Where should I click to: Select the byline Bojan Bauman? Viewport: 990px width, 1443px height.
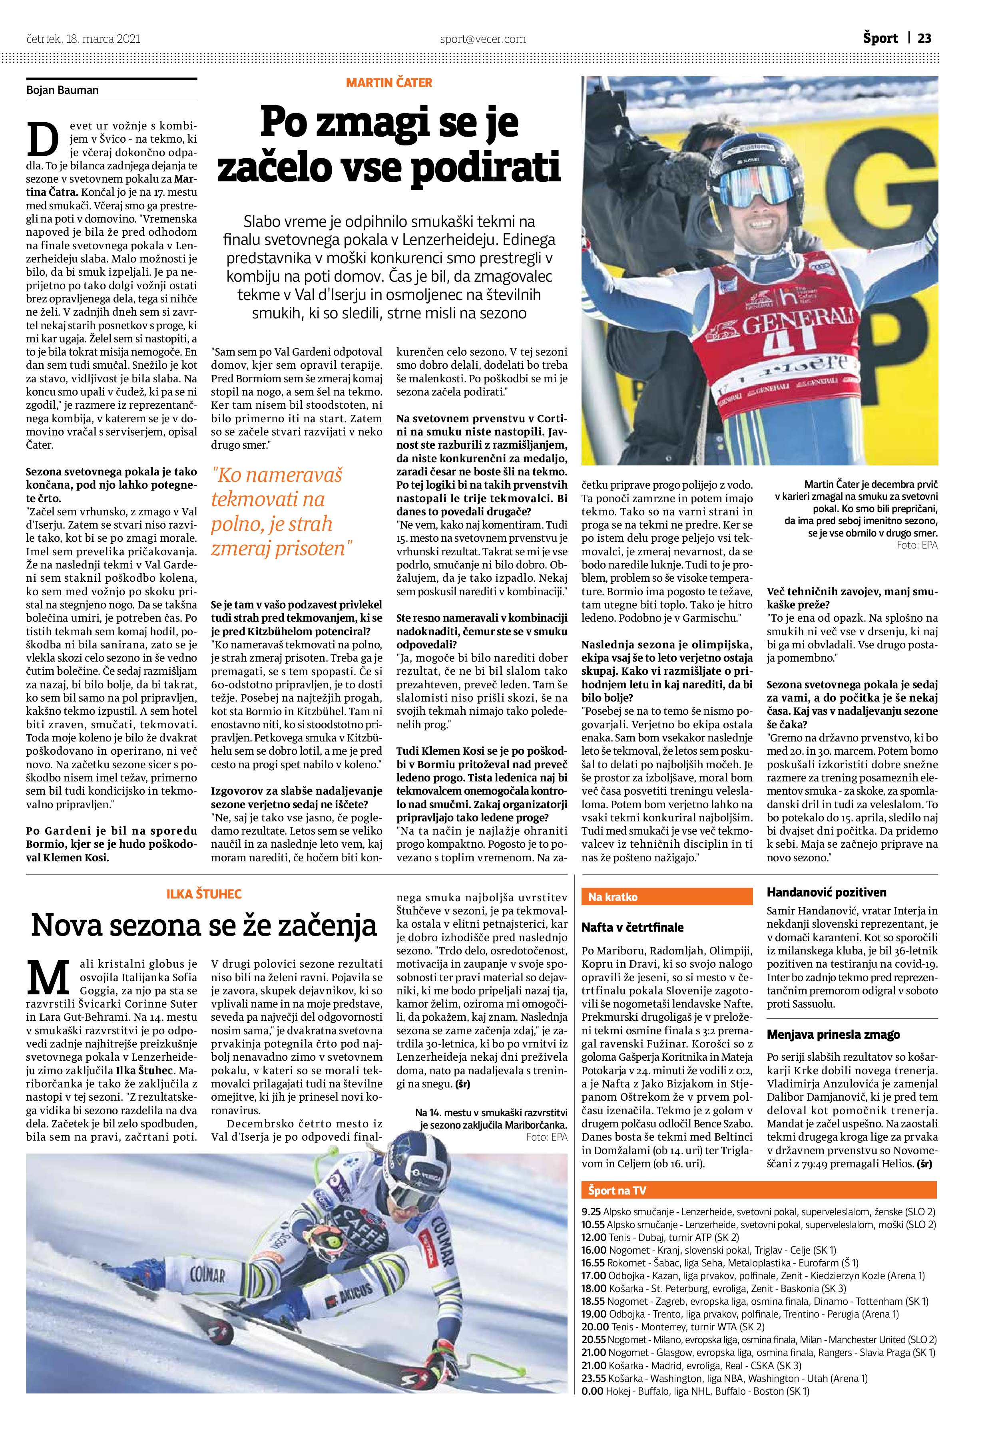pyautogui.click(x=62, y=90)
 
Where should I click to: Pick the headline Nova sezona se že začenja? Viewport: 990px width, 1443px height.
pyautogui.click(x=204, y=926)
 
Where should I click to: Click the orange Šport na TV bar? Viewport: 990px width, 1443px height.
pyautogui.click(x=758, y=1190)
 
